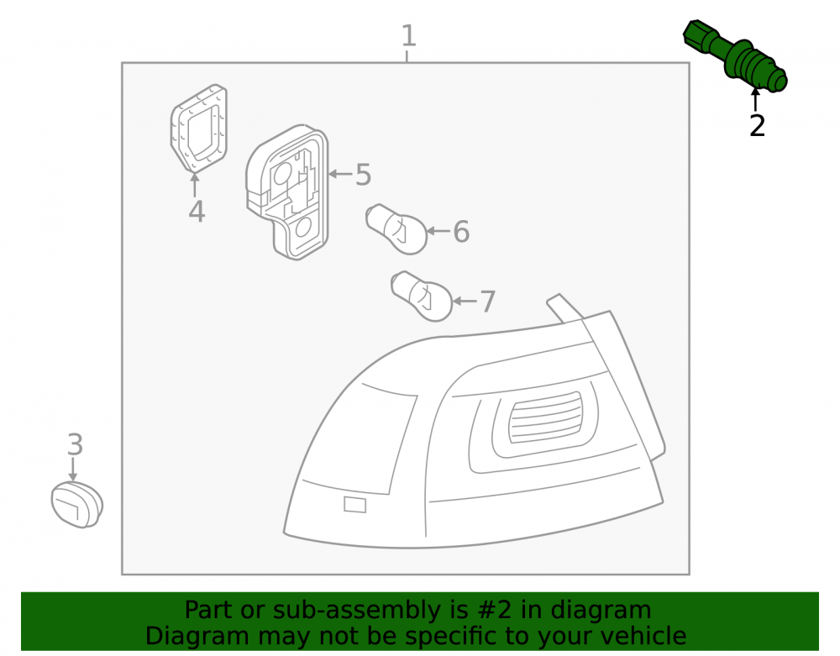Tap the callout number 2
click(x=757, y=126)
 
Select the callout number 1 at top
click(x=409, y=36)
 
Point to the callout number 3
click(x=75, y=444)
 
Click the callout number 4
click(x=197, y=212)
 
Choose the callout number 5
click(x=363, y=175)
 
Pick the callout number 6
click(x=461, y=231)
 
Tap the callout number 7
click(x=487, y=302)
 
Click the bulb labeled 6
click(x=396, y=228)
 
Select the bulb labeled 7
click(x=422, y=297)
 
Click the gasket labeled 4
click(x=199, y=129)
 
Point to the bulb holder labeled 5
click(x=287, y=192)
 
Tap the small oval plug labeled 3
click(x=77, y=504)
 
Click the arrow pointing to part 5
click(x=340, y=174)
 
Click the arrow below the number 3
click(x=73, y=469)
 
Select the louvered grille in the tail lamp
click(x=544, y=417)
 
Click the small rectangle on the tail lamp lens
click(x=354, y=505)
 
